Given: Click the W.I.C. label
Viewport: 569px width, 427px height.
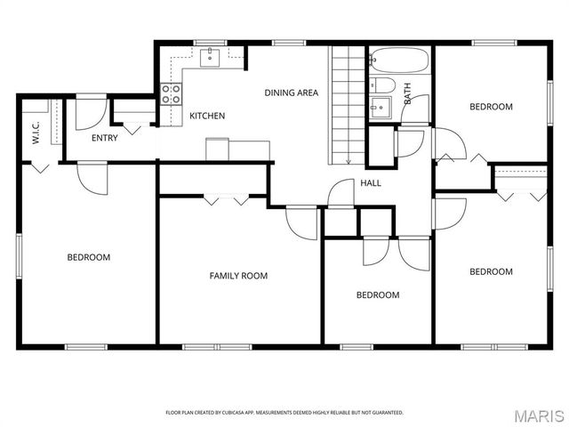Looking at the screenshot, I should pos(36,133).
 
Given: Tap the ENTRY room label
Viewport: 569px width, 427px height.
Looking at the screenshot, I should pos(104,138).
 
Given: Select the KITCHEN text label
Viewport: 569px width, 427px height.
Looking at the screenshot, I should pos(207,116).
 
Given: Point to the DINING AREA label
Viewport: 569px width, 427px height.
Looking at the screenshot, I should pos(291,93).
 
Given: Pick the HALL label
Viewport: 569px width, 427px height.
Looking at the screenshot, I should pos(371,182).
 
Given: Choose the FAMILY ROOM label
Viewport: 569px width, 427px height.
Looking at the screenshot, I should pos(238,276).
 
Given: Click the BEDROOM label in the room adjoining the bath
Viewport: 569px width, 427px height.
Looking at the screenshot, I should pos(491,107).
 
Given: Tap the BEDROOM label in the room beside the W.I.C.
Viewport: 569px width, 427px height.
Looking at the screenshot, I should pos(89,257).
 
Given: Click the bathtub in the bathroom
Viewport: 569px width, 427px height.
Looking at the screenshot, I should pos(399,60).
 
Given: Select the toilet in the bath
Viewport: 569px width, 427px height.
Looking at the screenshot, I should pos(381,85).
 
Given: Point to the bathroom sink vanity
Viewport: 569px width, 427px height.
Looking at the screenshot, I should pos(380,109).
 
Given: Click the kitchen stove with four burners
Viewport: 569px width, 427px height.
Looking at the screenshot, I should pos(171,94).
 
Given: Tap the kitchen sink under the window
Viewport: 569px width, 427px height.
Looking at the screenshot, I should pos(210,59).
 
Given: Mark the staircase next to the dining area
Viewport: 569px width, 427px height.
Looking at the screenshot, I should pos(348,105).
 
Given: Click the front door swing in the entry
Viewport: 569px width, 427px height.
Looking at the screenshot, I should pos(89,115).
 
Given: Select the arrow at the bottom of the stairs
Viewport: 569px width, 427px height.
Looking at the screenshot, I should pos(348,160).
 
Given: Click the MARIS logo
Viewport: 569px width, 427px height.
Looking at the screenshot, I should pos(539,414).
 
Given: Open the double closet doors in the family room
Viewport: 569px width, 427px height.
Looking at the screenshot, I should pos(226,199).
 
